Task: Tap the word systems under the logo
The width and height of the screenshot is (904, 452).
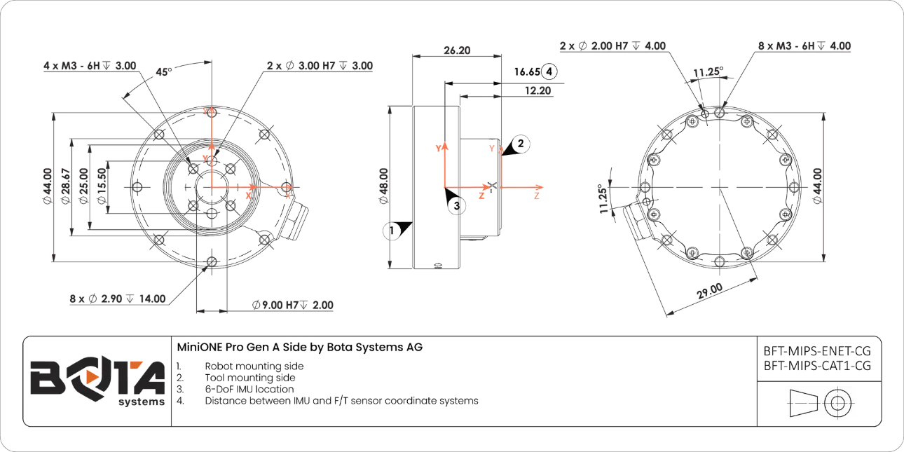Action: (142, 404)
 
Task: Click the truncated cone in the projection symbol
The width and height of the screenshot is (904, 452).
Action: (804, 404)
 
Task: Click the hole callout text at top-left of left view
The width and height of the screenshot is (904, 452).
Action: (92, 67)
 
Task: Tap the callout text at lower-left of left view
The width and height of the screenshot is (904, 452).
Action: (118, 299)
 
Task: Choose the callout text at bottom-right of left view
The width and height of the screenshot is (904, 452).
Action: (294, 306)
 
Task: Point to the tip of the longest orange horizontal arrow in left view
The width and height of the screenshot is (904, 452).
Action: (292, 187)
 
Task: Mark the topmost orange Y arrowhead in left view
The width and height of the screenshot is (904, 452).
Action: (211, 111)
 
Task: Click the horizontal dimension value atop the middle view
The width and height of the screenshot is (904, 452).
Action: (459, 51)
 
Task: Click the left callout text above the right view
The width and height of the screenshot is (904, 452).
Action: (612, 46)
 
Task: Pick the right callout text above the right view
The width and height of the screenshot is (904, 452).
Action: (804, 46)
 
